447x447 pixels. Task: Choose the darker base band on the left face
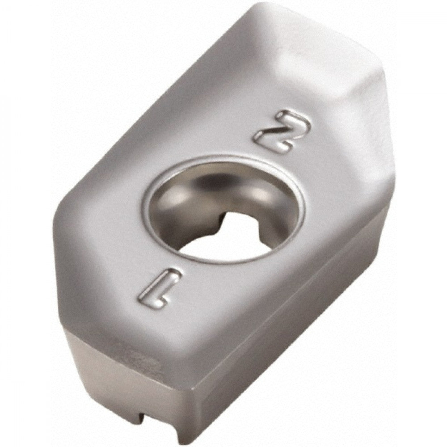pyautogui.click(x=107, y=375)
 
